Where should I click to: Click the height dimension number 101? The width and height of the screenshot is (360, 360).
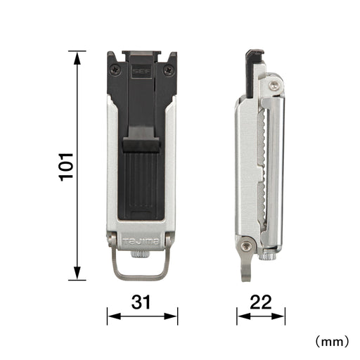click(67, 165)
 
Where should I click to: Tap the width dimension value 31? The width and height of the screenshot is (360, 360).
click(142, 304)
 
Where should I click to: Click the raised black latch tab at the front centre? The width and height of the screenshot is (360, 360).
click(141, 145)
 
